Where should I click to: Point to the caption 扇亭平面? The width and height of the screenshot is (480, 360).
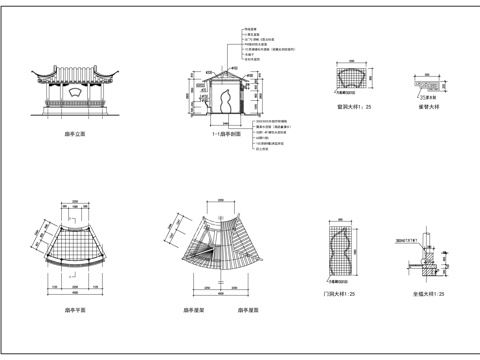click(73, 311)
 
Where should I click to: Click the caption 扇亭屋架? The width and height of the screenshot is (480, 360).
click(194, 311)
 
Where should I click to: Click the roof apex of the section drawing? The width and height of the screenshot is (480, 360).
click(225, 70)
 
